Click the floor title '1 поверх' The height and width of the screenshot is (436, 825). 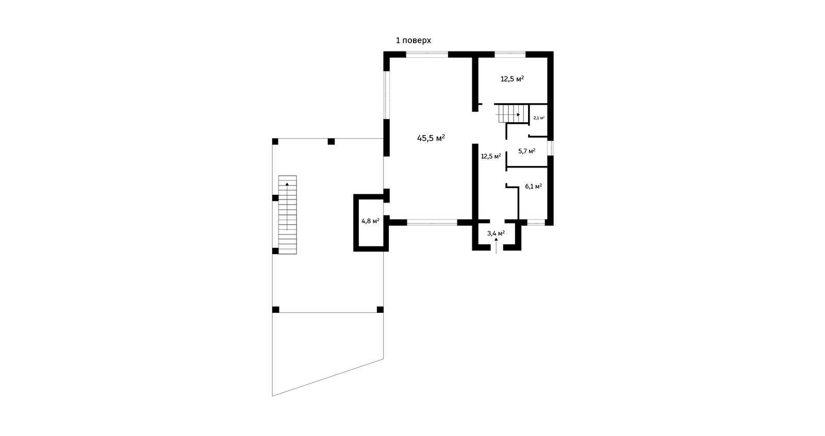pos(413,41)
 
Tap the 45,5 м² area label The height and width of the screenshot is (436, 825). pos(431,138)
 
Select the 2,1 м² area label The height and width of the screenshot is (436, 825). pos(539,118)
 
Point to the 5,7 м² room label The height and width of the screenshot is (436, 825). pos(526,151)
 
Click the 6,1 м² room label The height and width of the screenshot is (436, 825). pos(533,187)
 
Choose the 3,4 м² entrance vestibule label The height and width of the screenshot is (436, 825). pos(496,233)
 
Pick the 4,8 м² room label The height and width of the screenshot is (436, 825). pos(370,221)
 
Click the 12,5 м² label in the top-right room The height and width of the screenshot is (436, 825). pos(513,79)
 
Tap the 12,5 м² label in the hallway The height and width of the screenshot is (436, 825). pos(491,156)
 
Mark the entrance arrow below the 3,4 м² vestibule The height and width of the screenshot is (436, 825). pos(496,246)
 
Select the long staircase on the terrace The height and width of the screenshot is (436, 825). pos(287,215)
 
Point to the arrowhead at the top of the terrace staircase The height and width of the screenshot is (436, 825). pos(287,184)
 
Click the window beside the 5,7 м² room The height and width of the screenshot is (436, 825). pos(550,148)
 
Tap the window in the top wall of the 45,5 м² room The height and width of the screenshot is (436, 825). pos(427,54)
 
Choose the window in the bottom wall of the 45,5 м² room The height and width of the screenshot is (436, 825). pos(432,223)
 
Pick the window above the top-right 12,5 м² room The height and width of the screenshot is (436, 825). pos(510,54)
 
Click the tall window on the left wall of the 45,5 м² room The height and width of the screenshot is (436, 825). pos(386,95)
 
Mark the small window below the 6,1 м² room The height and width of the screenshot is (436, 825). pos(536,223)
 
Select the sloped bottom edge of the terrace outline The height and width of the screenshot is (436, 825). pos(328,377)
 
